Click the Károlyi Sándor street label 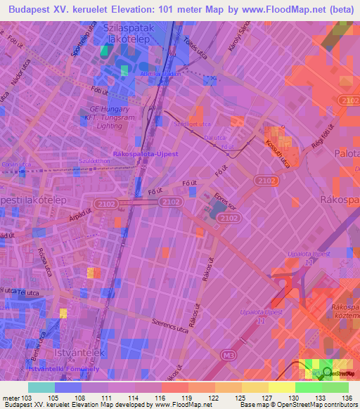click(x=246, y=38)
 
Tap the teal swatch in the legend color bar click(x=41, y=387)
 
